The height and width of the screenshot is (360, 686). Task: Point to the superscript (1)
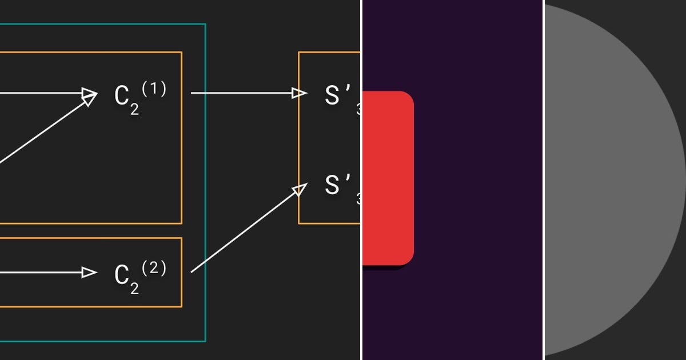pos(154,89)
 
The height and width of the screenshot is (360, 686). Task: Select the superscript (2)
pos(154,267)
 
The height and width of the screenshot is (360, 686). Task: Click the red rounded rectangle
pos(388,177)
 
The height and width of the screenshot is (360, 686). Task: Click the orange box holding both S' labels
pos(300,137)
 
